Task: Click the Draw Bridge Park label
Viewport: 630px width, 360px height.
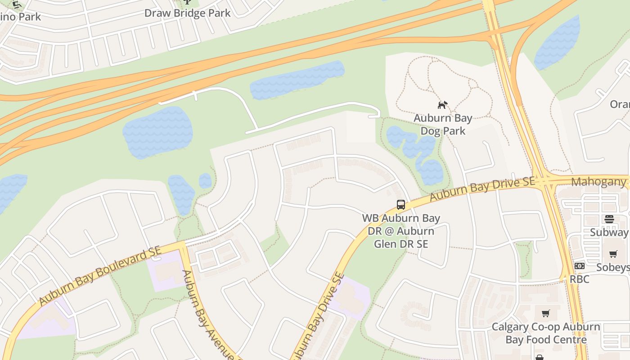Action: point(187,13)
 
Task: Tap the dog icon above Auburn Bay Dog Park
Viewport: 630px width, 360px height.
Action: point(443,105)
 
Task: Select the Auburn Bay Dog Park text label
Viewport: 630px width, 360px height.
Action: point(443,125)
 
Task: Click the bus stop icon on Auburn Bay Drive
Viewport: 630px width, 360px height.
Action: point(400,205)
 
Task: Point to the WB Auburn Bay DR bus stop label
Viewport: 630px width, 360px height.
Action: point(401,231)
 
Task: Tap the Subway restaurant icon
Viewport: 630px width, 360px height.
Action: point(609,219)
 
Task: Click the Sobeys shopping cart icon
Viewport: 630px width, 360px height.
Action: point(613,254)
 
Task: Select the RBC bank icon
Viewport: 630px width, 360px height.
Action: point(579,266)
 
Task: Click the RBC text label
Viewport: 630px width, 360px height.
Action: point(579,279)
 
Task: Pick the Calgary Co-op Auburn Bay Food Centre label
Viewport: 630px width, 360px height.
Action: point(545,333)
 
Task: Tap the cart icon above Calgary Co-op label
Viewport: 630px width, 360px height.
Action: point(545,313)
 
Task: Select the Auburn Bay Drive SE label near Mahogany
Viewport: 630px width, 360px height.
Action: point(482,189)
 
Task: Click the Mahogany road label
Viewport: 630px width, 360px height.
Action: point(598,182)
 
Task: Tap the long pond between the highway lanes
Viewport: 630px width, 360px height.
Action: point(297,80)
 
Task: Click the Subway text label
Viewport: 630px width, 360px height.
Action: point(609,232)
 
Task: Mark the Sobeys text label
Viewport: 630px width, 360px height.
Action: point(612,267)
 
